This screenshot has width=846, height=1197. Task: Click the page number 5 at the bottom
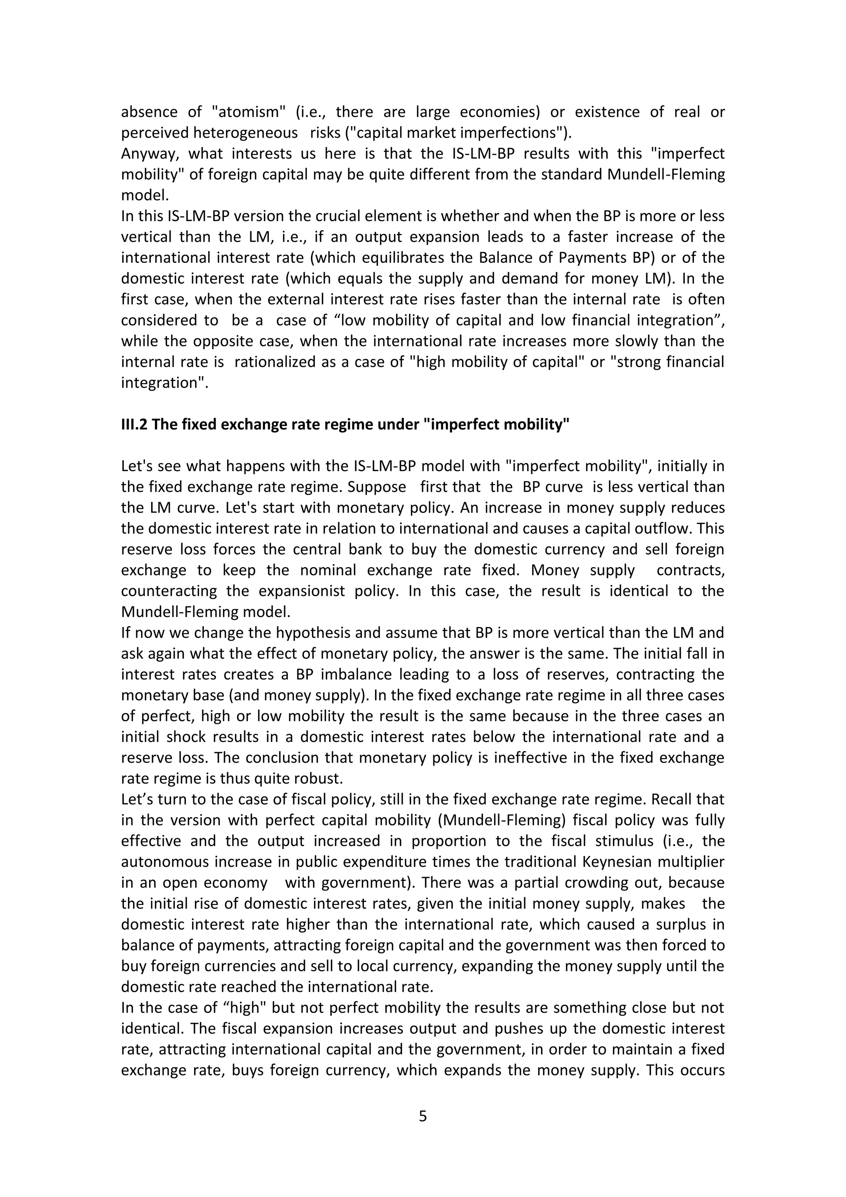(423, 1116)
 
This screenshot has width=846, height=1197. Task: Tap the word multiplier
(691, 862)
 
